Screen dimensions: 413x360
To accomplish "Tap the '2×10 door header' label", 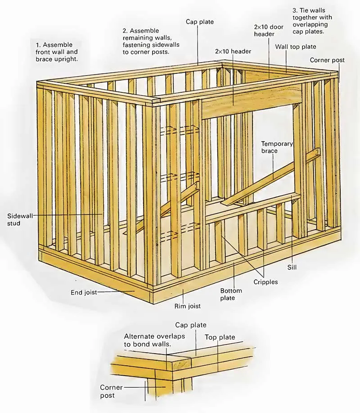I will pos(269,31).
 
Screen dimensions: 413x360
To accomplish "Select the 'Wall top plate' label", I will pos(296,47).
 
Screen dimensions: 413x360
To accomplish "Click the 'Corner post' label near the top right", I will pos(327,60).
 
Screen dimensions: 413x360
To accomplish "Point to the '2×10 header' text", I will pos(233,52).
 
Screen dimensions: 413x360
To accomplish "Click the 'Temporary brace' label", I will pos(277,148).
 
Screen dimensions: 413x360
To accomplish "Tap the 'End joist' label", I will pos(84,292).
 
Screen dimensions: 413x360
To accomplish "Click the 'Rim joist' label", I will pos(188,306).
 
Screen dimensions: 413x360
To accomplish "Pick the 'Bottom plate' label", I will pos(231,294).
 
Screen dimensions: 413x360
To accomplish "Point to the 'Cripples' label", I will pos(265,282).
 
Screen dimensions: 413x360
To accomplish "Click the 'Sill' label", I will pos(292,267).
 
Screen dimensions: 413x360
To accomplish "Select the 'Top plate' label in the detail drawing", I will pos(220,337).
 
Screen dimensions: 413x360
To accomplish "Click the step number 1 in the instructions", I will pos(39,45).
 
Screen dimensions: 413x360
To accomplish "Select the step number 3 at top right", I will pos(295,10).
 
